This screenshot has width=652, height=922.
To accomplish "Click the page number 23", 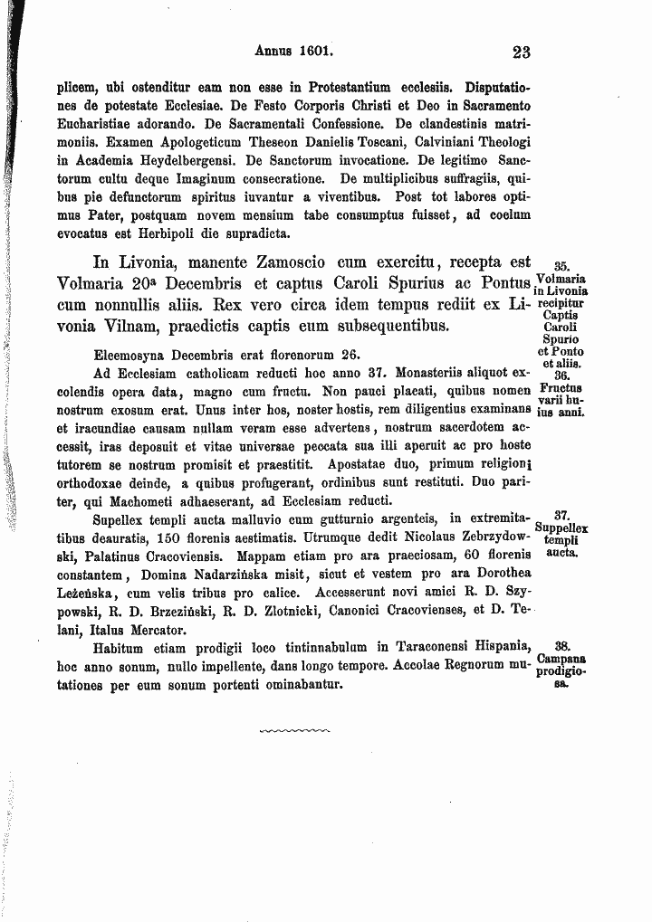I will coord(520,52).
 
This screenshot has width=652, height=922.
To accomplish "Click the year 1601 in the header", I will coord(315,52).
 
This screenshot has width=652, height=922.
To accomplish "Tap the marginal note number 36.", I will coord(561,375).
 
